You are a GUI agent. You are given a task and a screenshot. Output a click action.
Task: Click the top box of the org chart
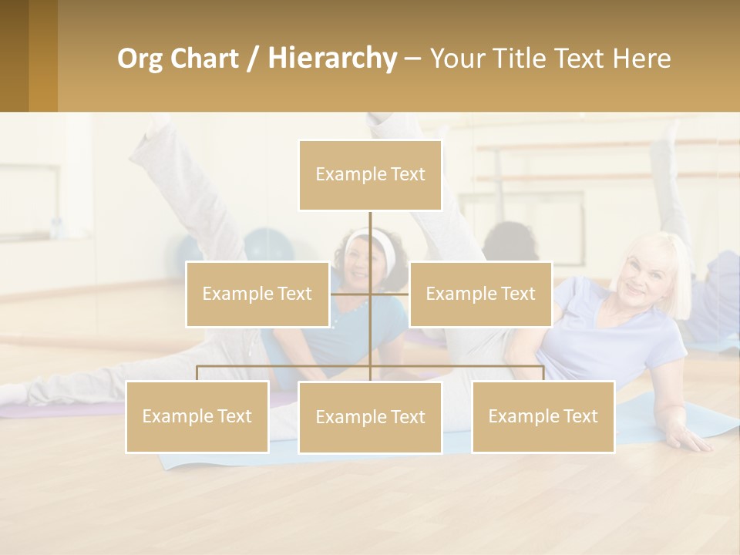pos(370,175)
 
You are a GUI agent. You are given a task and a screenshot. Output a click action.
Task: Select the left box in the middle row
pos(257,294)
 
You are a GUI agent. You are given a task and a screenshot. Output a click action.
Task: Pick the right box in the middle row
pos(480,294)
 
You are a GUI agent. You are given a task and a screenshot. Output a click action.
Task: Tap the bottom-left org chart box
pos(197,416)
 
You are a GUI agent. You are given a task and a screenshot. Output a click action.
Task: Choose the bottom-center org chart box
pos(370,417)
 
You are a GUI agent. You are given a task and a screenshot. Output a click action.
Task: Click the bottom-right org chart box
pos(543,416)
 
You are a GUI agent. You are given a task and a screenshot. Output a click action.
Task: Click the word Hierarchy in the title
pos(332,59)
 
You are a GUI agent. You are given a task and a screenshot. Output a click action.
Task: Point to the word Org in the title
pos(140,59)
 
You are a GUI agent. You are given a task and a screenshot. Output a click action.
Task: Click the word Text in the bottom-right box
pos(579,416)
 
